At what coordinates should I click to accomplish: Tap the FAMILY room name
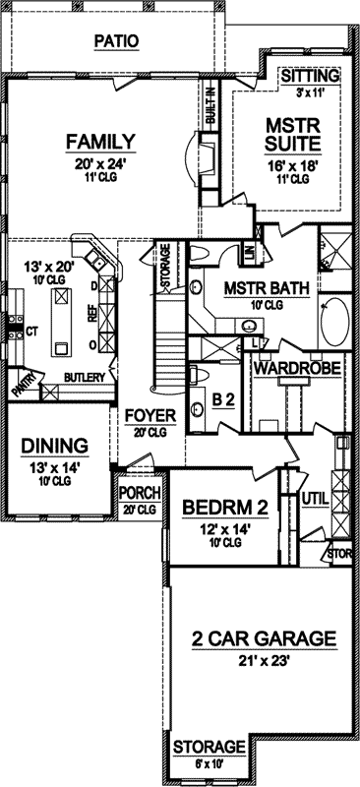(x=100, y=142)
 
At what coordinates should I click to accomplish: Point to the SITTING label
(x=309, y=76)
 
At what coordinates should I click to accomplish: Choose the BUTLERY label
(x=83, y=377)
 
